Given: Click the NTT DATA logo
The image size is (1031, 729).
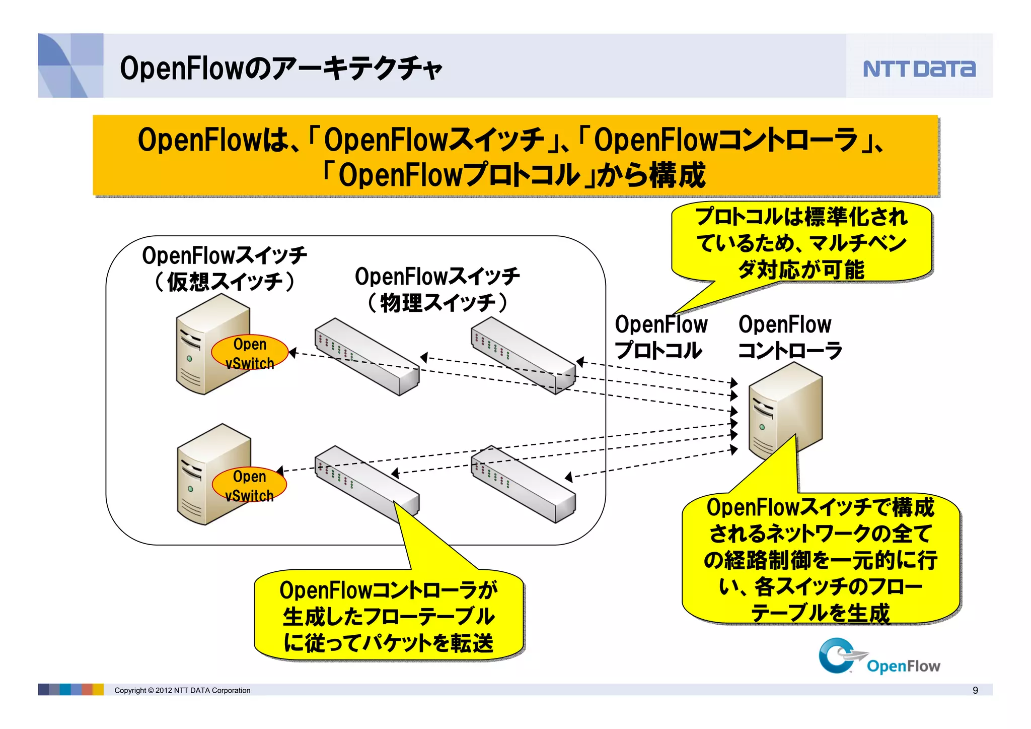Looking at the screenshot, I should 919,69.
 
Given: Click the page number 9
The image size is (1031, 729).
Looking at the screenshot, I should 975,690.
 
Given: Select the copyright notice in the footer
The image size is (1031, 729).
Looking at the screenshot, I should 182,690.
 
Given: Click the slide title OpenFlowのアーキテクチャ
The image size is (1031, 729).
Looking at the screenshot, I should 281,68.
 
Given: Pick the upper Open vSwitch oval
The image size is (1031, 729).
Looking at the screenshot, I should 250,353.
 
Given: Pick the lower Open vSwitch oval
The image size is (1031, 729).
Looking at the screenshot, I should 249,485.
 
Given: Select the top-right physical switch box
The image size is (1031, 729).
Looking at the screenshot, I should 524,356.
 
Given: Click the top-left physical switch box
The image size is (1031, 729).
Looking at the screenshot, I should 366,356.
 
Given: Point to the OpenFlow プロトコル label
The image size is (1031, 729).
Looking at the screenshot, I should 660,337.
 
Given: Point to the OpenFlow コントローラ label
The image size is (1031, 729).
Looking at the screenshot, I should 789,337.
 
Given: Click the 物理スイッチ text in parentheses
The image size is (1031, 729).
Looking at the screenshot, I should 437,302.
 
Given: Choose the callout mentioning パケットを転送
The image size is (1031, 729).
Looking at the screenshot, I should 388,616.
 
